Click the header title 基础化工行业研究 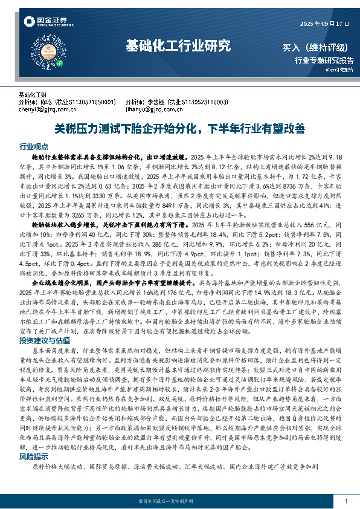[x=178, y=45]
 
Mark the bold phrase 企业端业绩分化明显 [x=61, y=283]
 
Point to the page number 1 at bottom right [x=345, y=501]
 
